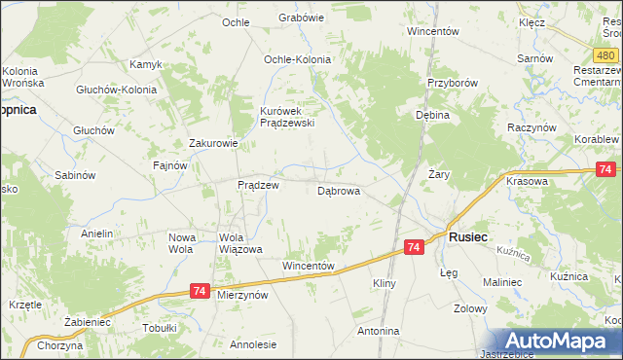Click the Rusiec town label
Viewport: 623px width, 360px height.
click(468, 236)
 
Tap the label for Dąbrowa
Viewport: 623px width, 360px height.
click(339, 192)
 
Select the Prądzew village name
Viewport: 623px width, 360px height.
click(259, 185)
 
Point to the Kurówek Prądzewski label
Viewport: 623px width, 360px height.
click(286, 117)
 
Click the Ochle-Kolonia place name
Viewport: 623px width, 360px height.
click(297, 59)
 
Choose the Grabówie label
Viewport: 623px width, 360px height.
click(301, 18)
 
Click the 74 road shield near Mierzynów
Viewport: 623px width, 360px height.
click(200, 290)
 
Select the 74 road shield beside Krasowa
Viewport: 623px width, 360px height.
click(606, 170)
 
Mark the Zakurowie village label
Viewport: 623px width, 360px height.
click(213, 143)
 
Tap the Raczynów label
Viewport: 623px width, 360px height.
click(531, 127)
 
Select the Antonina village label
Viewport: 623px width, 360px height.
click(379, 332)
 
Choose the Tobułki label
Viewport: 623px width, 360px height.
click(160, 328)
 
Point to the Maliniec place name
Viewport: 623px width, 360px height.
click(503, 282)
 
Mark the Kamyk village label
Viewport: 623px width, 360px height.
click(145, 64)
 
